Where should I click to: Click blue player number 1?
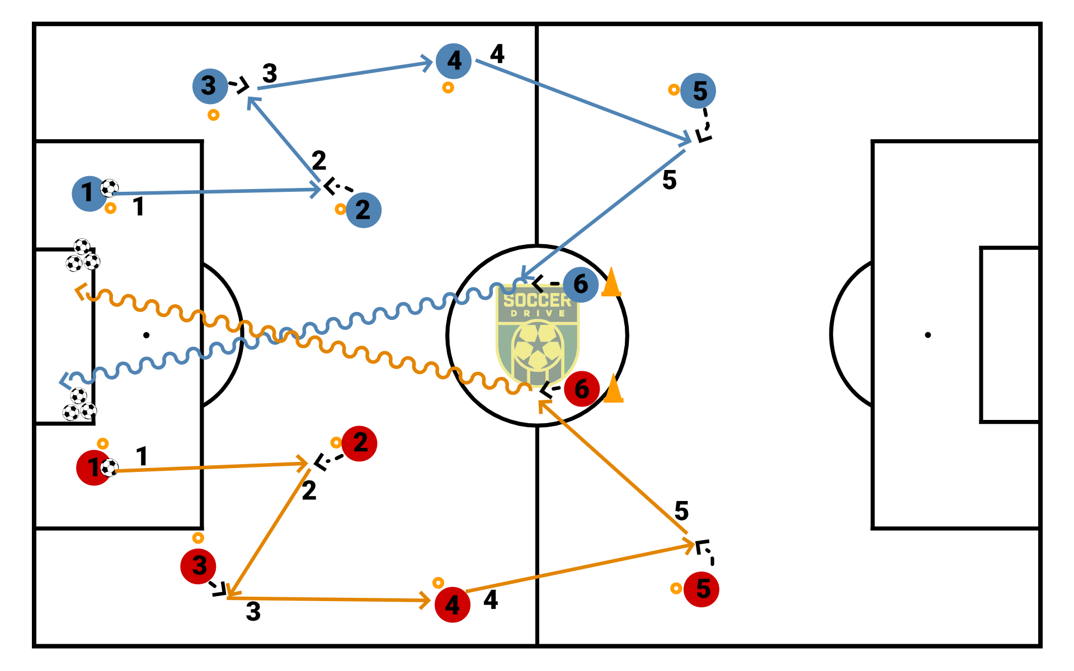point(88,193)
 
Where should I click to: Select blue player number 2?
point(364,210)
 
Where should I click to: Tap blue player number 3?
point(210,86)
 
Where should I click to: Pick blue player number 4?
point(454,61)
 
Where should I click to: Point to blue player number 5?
point(699,91)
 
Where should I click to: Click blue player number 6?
point(581,284)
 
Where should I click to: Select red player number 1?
point(93,467)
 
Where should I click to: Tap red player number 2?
point(360,443)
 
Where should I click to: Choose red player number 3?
point(198,566)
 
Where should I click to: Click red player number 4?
point(453,604)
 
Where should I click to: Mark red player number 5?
point(701,589)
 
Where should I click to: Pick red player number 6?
point(582,389)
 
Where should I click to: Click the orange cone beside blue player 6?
point(611,283)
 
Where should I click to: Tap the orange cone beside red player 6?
point(614,389)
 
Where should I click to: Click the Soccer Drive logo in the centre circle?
point(538,333)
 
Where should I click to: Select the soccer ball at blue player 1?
point(110,188)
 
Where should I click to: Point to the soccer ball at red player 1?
point(109,467)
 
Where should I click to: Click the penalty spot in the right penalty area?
point(928,335)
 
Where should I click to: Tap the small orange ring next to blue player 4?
point(448,88)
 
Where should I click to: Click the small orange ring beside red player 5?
point(676,588)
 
